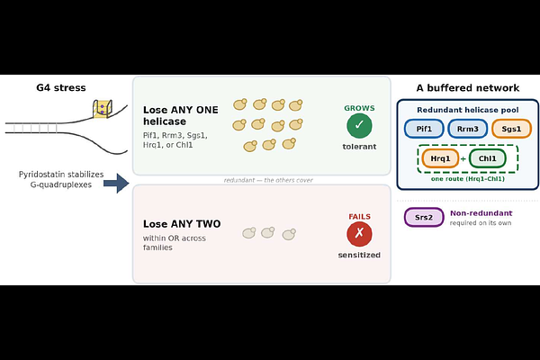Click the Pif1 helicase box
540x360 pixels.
click(424, 129)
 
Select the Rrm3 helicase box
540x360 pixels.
click(468, 129)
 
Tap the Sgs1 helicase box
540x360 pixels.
click(511, 129)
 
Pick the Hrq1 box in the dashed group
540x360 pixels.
click(440, 158)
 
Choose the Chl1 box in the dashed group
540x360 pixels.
click(487, 158)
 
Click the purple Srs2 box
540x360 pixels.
click(424, 218)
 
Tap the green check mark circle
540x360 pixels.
click(359, 125)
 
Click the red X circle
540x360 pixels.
click(359, 234)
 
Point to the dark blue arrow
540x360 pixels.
click(116, 184)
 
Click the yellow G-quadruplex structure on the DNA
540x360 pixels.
click(103, 109)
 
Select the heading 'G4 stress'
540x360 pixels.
click(61, 87)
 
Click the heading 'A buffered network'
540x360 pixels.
click(468, 88)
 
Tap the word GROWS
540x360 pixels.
click(359, 108)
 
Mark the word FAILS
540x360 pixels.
click(359, 216)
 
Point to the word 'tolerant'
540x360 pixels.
click(359, 147)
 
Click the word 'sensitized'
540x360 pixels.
click(359, 255)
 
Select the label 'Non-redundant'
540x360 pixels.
click(481, 213)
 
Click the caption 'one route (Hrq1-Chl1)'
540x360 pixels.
click(468, 179)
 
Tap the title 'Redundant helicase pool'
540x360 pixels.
click(468, 110)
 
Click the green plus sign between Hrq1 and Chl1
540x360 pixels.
click(463, 158)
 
